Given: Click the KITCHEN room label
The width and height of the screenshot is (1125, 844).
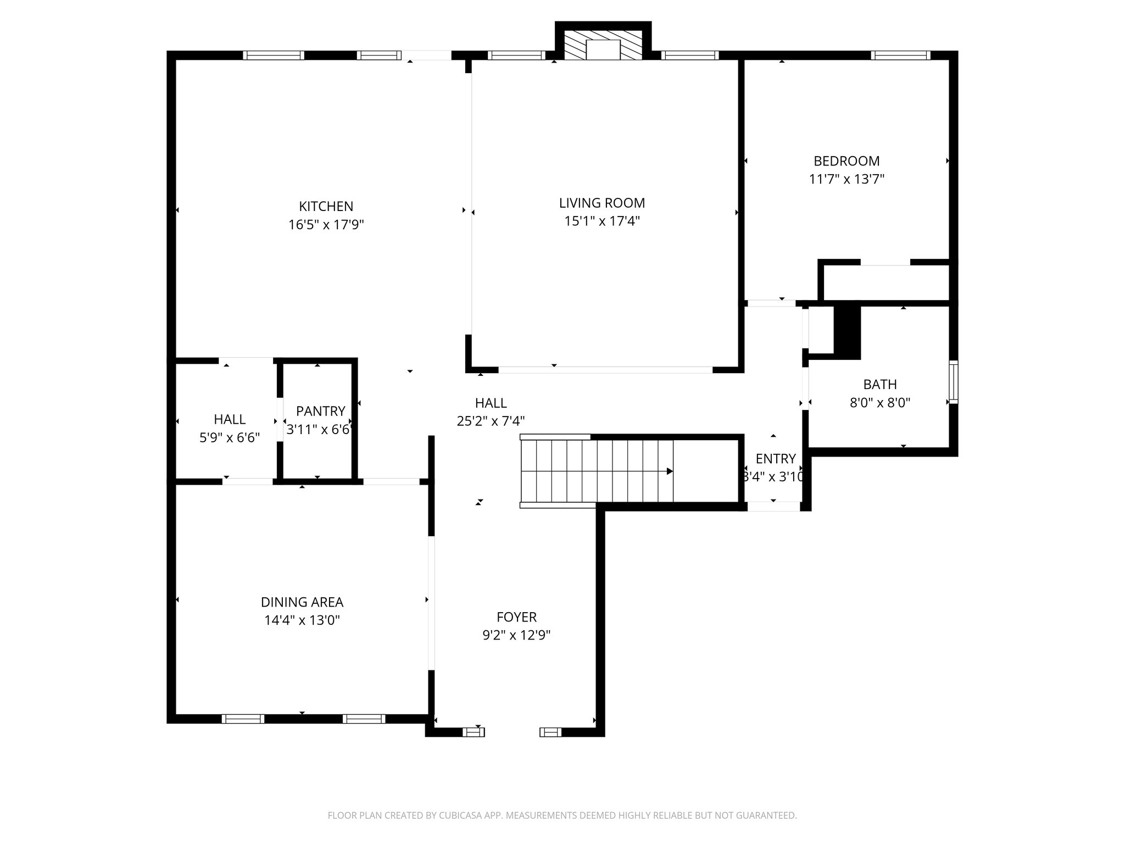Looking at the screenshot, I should (326, 207).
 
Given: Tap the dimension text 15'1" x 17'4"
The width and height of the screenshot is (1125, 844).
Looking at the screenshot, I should (602, 221).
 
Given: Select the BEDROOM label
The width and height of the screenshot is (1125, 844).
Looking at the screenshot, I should (846, 161).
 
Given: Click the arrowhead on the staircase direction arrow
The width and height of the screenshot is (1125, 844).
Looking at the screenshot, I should (670, 471).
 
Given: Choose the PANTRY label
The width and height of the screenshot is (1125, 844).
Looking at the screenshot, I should (320, 411).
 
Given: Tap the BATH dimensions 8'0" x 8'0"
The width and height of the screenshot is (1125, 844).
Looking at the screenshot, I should (879, 403).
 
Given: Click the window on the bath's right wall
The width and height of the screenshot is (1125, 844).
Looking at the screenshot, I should (954, 382).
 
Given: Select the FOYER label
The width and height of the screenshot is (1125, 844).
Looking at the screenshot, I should (516, 617).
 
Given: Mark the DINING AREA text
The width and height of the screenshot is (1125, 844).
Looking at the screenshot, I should (302, 602).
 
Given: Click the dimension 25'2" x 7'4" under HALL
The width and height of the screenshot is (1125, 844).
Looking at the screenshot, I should (491, 421).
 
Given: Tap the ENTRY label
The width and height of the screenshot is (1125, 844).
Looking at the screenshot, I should (775, 459).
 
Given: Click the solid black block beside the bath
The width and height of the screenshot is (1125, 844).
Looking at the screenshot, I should (846, 331).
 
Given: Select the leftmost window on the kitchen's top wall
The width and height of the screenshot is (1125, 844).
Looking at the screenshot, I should (274, 55).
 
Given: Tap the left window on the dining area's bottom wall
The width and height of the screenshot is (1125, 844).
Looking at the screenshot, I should (243, 719).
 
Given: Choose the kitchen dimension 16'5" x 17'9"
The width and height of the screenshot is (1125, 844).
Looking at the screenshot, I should (326, 225).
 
